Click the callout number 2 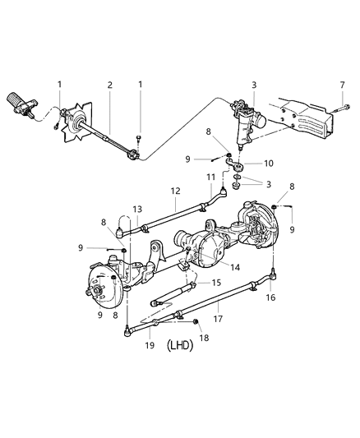pyautogui.click(x=109, y=85)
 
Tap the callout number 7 pyautogui.click(x=343, y=85)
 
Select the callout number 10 pyautogui.click(x=269, y=164)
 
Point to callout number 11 pyautogui.click(x=210, y=178)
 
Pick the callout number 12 pyautogui.click(x=176, y=191)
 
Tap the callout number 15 pyautogui.click(x=217, y=283)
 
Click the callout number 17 pyautogui.click(x=219, y=312)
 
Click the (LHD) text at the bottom pyautogui.click(x=178, y=346)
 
